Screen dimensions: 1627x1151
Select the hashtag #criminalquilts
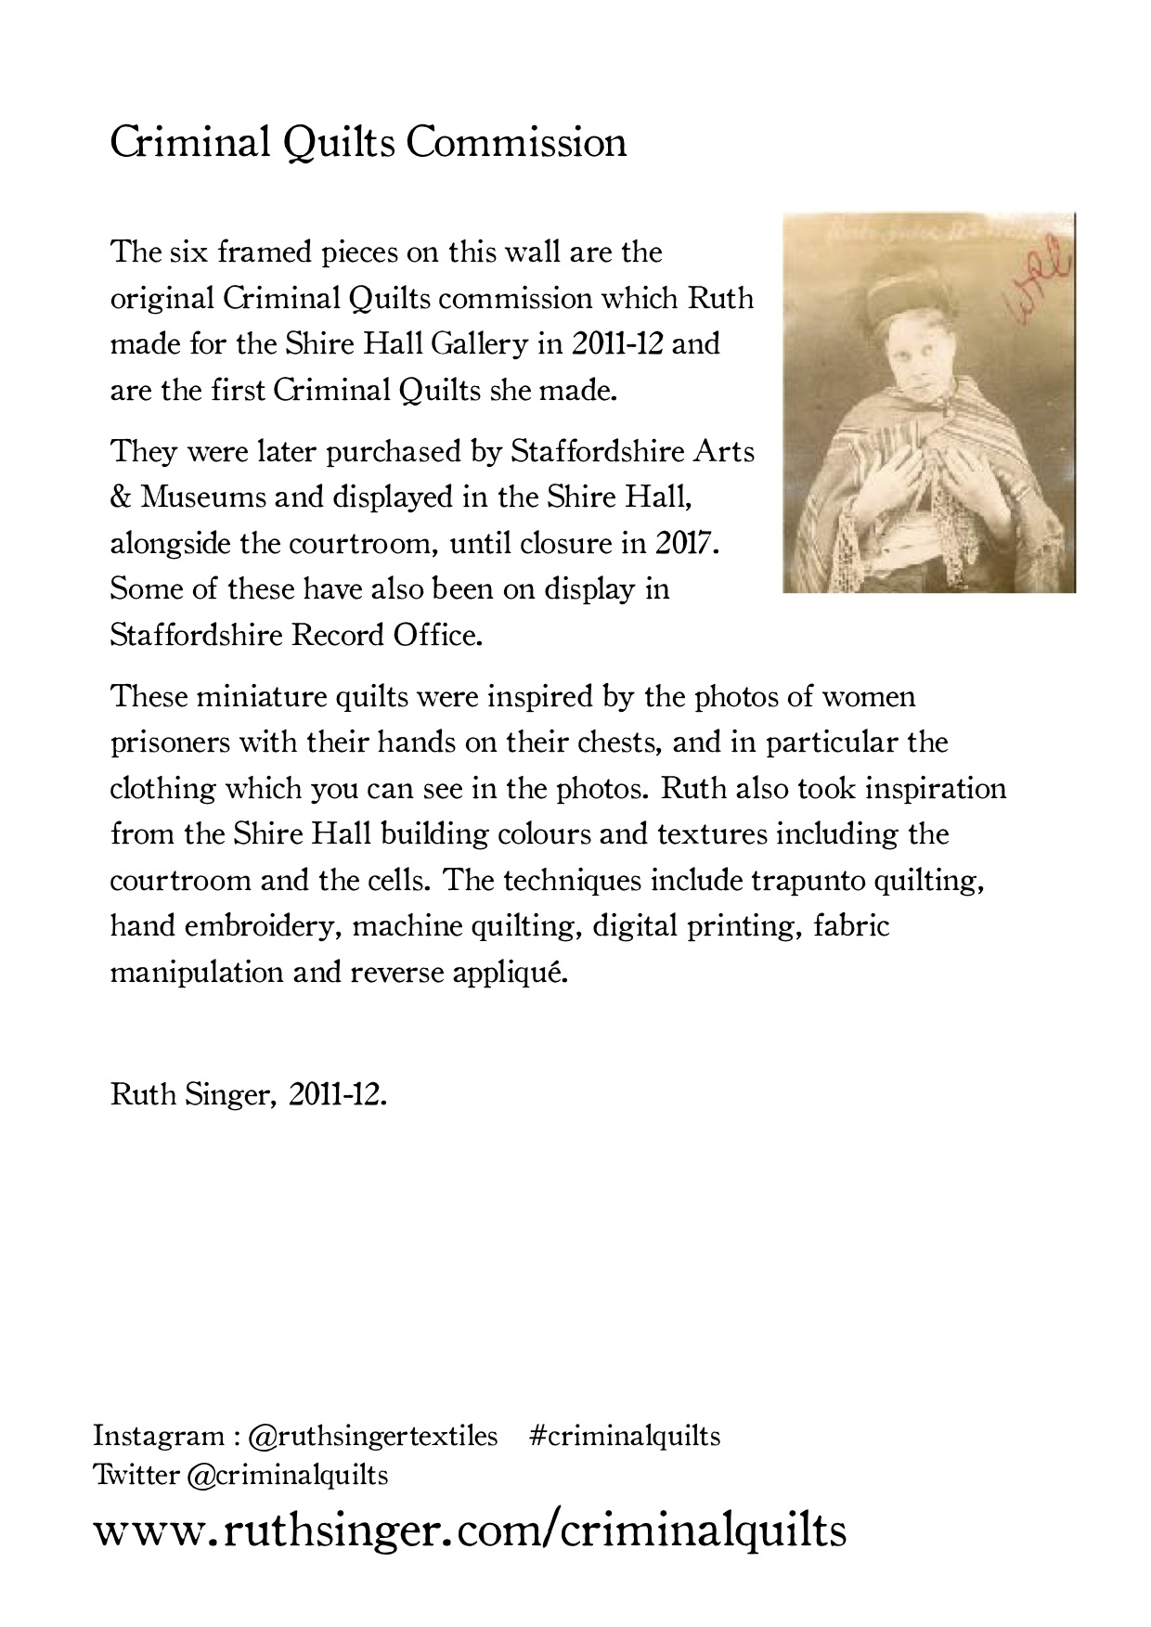[x=625, y=1436]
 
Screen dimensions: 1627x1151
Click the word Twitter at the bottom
[x=136, y=1474]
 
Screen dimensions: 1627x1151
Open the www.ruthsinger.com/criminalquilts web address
[x=470, y=1530]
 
